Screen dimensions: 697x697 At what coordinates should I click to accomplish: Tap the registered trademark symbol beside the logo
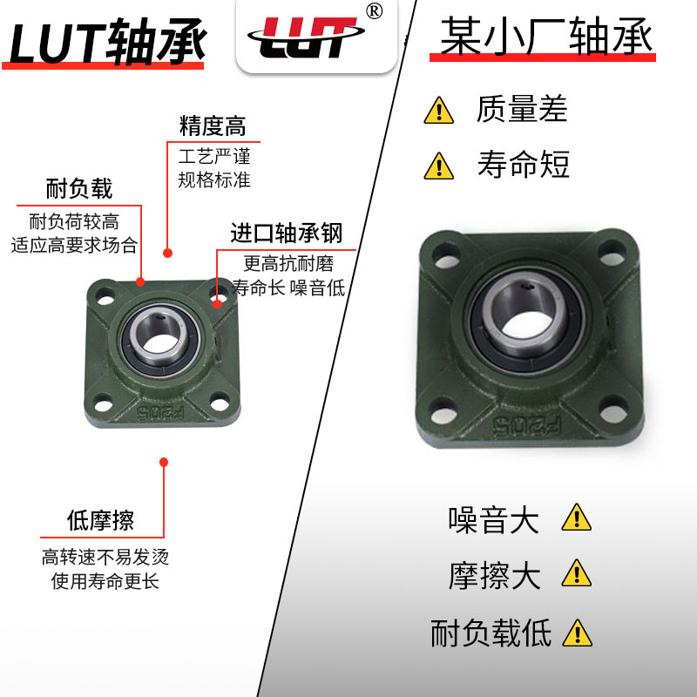[374, 11]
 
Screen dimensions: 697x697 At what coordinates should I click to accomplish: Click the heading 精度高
[213, 126]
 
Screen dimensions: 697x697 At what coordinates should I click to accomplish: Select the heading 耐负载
[79, 188]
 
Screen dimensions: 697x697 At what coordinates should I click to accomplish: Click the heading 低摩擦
[101, 521]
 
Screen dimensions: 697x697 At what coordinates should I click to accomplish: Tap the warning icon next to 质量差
[438, 112]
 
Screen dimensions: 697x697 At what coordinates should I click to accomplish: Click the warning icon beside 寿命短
[438, 165]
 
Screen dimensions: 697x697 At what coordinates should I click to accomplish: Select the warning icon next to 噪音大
[576, 518]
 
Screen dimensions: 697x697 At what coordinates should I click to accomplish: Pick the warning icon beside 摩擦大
[576, 572]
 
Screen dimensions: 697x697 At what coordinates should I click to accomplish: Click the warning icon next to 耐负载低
[577, 633]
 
